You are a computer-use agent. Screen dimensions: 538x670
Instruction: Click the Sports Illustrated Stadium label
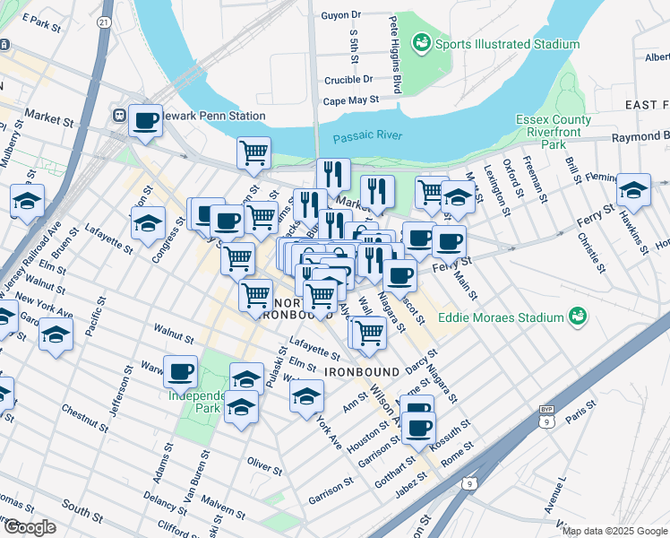pos(507,43)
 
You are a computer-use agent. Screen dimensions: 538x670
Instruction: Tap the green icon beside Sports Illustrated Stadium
pos(421,43)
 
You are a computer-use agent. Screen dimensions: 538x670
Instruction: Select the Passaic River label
pos(367,137)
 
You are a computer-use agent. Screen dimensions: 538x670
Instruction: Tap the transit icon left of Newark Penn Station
pos(118,116)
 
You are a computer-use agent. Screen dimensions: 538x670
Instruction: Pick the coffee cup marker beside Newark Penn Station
pos(145,120)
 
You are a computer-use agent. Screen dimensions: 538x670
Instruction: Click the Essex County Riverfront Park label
pos(554,131)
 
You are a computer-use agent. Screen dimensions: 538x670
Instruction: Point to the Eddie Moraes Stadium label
pos(502,317)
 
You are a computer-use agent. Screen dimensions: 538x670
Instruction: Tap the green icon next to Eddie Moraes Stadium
pos(579,317)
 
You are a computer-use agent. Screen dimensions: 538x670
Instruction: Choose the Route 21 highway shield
pos(106,21)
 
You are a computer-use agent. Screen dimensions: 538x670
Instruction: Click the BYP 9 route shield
pos(545,414)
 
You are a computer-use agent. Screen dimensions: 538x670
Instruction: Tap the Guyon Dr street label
pos(341,15)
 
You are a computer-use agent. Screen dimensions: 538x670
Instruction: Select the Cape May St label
pos(351,101)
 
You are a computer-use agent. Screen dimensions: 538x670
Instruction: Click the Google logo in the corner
pos(30,527)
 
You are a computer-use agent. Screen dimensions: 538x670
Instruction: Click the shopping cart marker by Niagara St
pos(367,333)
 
